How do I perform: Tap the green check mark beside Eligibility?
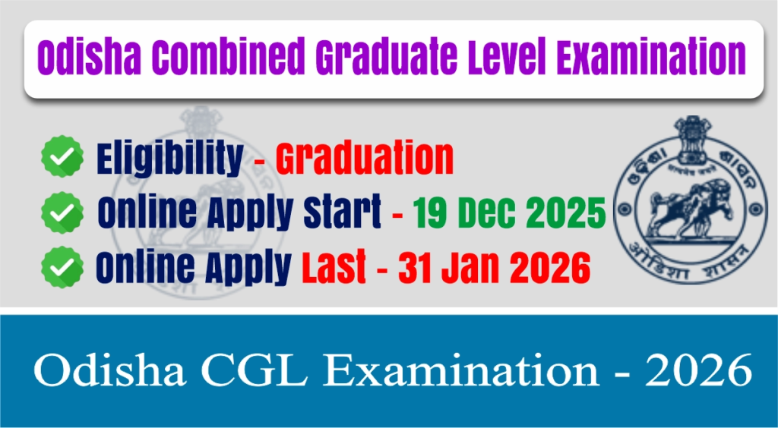tap(62, 158)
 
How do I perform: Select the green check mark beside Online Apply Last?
tap(62, 266)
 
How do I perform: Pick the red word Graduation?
tap(364, 159)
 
